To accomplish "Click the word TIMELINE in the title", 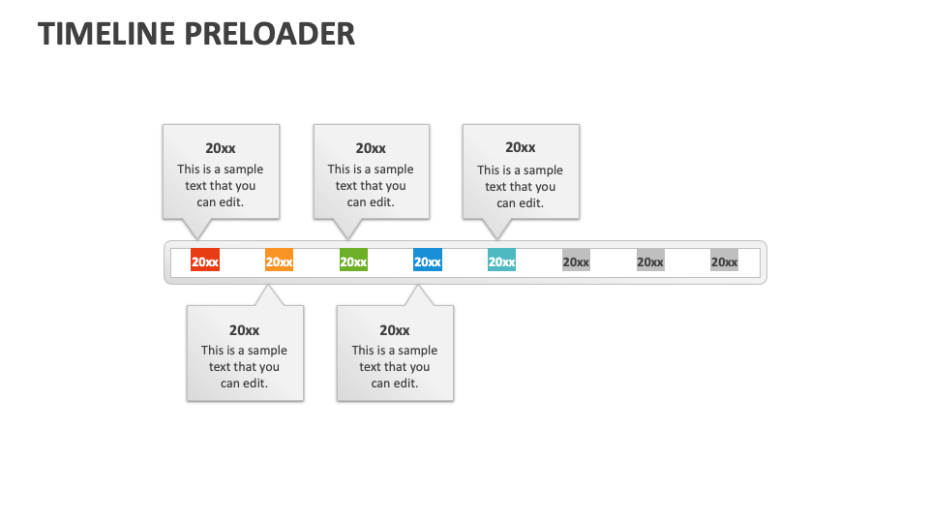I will (106, 34).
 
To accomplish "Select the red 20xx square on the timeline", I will (205, 261).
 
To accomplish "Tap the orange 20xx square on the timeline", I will (279, 261).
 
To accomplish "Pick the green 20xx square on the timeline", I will (353, 261).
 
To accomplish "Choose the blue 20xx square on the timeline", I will (428, 261).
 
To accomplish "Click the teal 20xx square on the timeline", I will (501, 261).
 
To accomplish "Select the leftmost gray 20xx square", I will (576, 261).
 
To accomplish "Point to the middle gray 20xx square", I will (650, 261).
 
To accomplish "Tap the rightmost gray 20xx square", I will (724, 261).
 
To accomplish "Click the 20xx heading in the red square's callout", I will (221, 148).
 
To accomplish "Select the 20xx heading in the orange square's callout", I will (245, 330).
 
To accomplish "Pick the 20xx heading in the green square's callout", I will (371, 148).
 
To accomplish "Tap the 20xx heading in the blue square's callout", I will (395, 330).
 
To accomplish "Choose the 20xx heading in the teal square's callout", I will (521, 147).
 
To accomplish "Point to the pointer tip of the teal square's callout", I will (497, 238).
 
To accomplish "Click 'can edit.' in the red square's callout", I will (221, 202).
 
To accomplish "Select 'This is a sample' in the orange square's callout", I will (245, 351).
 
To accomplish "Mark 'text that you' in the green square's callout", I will (371, 186).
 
